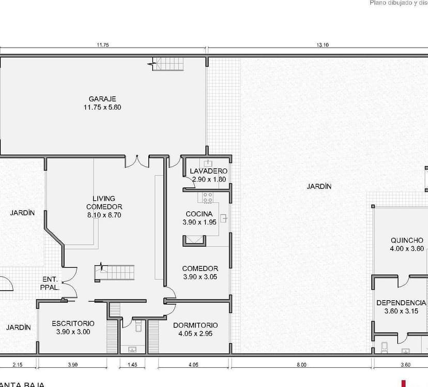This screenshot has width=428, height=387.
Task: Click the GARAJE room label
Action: (x=102, y=99)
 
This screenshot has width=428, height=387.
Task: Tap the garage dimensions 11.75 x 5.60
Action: (x=102, y=107)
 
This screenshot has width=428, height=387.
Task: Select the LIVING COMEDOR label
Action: (x=104, y=202)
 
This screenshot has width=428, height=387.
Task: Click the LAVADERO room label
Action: (x=208, y=171)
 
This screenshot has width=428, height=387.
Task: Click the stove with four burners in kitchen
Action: (x=208, y=197)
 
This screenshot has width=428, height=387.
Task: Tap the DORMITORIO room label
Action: (x=195, y=325)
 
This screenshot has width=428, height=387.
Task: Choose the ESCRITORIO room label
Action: (x=73, y=323)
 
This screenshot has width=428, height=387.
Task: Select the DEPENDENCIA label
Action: (x=401, y=303)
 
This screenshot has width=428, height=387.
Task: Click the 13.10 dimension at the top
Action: (x=323, y=45)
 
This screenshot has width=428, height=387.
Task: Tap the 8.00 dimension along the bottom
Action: (x=301, y=365)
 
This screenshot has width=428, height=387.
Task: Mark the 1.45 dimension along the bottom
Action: (x=132, y=365)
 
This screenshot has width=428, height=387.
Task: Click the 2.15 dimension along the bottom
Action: (x=18, y=365)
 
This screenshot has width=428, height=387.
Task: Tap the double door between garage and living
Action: (x=137, y=161)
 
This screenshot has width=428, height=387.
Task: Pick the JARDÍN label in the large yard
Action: (x=319, y=187)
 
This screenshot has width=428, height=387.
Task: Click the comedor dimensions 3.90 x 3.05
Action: (x=200, y=277)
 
